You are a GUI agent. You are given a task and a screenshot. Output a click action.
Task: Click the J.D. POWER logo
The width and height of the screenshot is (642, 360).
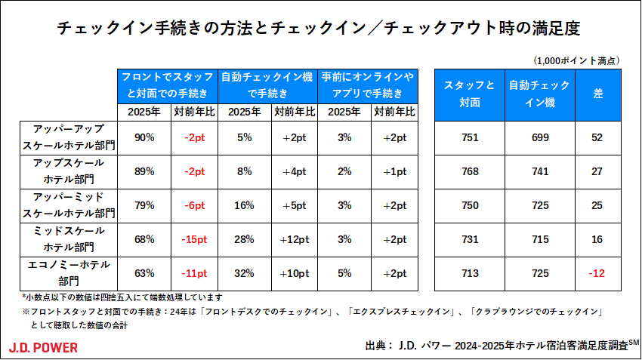tap(43, 347)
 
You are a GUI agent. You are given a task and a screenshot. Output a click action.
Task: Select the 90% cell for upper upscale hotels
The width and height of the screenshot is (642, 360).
tap(144, 137)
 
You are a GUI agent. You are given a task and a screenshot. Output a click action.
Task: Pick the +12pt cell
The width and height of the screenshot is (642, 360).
tap(294, 239)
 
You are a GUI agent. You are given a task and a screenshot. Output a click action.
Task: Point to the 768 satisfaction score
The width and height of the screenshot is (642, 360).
tap(470, 171)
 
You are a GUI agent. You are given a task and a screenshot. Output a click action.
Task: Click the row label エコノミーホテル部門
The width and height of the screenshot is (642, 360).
tap(69, 272)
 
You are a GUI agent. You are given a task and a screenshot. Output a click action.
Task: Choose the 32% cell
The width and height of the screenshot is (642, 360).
tap(243, 273)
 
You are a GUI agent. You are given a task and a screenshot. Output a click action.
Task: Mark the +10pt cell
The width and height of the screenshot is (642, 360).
tap(294, 273)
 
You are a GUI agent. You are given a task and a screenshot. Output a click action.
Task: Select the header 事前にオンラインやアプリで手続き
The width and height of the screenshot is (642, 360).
tap(368, 85)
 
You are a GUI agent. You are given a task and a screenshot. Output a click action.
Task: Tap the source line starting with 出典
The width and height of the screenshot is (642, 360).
tap(498, 346)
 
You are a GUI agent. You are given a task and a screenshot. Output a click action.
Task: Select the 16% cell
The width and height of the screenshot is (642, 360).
tap(243, 205)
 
